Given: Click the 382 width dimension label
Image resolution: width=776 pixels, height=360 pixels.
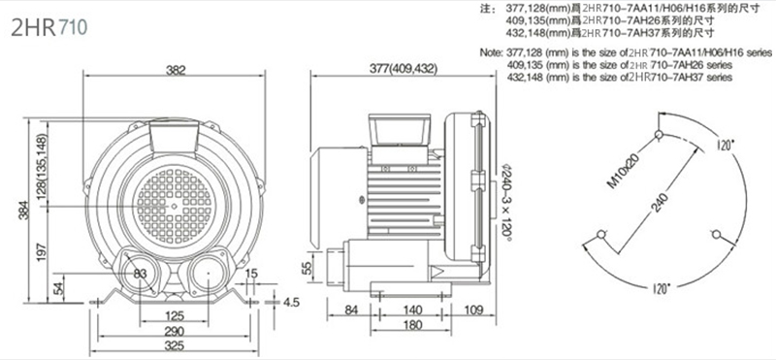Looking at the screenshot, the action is [176, 70].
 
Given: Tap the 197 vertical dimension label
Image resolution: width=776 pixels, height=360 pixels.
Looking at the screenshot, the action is [42, 252].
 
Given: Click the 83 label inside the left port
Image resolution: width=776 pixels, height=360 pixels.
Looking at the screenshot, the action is [141, 273].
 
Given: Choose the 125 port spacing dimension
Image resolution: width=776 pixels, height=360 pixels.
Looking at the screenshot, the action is [175, 315].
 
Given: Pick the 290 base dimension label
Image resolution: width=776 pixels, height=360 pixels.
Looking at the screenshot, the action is [175, 331].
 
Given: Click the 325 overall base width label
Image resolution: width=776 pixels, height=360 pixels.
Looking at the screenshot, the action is [175, 346].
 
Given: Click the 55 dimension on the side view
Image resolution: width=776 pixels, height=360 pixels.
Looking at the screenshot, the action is [307, 268].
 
